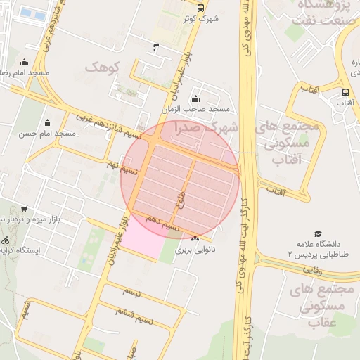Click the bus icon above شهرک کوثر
tap(200, 8)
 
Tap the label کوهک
tap(103, 67)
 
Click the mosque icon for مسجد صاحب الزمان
tap(195, 99)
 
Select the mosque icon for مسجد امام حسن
tap(49, 122)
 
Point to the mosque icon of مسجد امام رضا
tap(25, 62)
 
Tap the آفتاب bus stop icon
tap(345, 92)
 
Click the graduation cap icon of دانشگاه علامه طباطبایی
tap(318, 233)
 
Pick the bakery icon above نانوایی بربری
tap(195, 239)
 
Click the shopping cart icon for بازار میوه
tap(25, 209)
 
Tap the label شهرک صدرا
tap(208, 128)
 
